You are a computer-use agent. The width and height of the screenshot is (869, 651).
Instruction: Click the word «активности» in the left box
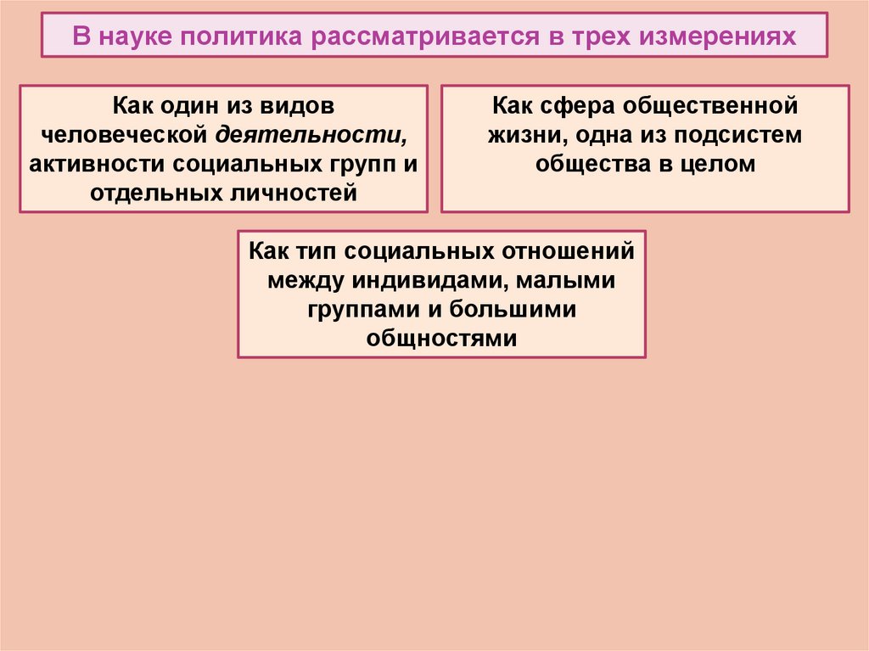91,164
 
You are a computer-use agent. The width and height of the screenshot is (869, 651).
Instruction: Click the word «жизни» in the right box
519,136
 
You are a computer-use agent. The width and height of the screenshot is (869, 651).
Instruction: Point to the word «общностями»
441,337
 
